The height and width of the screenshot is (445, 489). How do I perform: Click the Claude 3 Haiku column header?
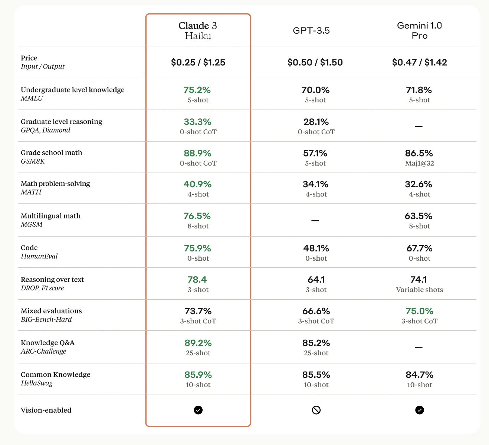pos(198,31)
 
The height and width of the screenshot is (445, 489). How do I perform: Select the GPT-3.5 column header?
pos(311,31)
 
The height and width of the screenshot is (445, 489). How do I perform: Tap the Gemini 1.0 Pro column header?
pos(419,31)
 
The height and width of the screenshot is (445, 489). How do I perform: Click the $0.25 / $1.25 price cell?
pos(198,62)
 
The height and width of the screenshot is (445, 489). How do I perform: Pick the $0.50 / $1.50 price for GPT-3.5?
pos(315,62)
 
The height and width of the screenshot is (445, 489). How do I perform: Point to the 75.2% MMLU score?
pos(197,90)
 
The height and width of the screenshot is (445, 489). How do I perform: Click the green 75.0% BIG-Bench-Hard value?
pos(419,311)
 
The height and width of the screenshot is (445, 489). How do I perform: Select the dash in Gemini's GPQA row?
pos(419,126)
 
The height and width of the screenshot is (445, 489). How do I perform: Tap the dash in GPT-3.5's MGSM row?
pos(315,221)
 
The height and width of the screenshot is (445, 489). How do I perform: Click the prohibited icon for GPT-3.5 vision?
pos(316,410)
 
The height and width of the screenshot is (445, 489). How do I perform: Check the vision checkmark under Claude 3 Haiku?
pos(198,410)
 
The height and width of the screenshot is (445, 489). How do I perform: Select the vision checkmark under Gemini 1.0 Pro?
pos(420,410)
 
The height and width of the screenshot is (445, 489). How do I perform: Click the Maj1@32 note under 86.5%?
pos(419,163)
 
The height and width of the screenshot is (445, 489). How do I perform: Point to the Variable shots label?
pos(419,290)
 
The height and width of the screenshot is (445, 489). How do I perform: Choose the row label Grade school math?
pos(52,153)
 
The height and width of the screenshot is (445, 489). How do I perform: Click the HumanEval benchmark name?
pos(39,256)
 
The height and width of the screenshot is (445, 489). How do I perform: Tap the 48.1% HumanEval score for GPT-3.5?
pos(316,248)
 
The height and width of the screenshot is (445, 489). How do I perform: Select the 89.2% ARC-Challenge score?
pos(198,343)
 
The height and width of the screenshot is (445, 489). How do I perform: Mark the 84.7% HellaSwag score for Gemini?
pos(419,375)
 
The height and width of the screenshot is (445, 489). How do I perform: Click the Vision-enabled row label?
pos(46,410)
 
